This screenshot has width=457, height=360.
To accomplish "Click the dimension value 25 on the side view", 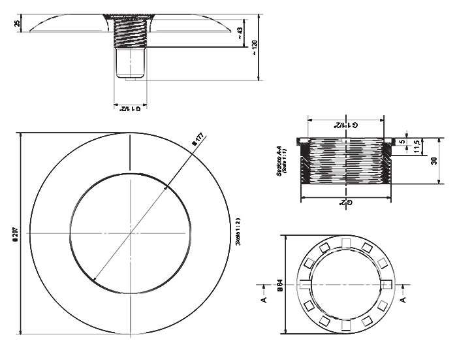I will point(17,24).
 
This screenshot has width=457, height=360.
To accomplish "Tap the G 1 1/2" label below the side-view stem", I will point(129,108).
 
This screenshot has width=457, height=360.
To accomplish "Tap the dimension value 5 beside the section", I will point(403,140).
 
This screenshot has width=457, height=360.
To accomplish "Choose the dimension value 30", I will point(434,161).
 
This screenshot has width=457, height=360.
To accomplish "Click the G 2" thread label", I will point(347,203).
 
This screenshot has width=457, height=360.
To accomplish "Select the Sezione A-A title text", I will point(281,161).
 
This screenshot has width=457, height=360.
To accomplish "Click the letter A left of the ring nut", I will point(264,300).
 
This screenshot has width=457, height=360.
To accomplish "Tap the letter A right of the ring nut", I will point(403,300).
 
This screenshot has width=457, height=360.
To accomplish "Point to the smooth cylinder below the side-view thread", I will point(129,64).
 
